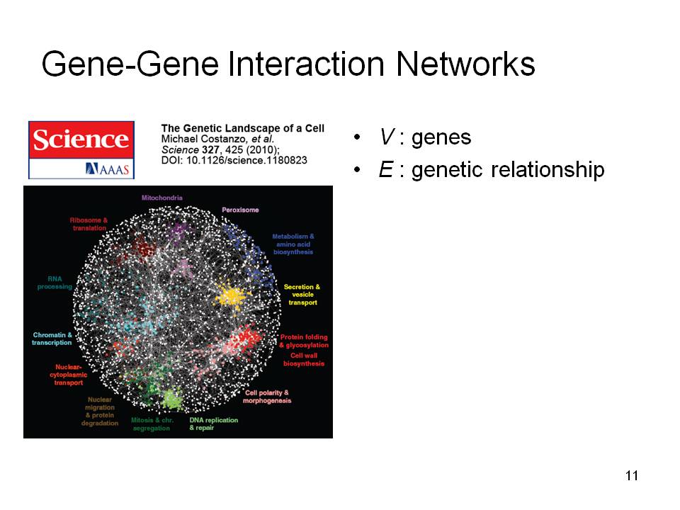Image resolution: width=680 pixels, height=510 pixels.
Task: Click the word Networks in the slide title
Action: pos(465,64)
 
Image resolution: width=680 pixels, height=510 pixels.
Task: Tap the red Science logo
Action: pos(81,140)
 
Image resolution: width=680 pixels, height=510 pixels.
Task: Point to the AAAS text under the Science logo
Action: pos(108,169)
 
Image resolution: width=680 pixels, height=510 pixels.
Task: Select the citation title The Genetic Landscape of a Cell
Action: pos(243,128)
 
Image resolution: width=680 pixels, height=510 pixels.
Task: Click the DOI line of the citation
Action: pos(234,161)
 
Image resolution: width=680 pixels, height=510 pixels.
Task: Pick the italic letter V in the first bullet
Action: pos(387,137)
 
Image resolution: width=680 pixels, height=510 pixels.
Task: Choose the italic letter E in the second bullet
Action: pos(386,169)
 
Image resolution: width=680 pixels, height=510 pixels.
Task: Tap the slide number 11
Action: pos(632,476)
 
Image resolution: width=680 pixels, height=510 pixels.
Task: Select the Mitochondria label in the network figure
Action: pos(162,198)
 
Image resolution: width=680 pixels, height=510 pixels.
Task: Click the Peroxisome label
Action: pos(240,210)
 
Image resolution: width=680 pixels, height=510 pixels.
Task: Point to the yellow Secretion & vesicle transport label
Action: pos(302,295)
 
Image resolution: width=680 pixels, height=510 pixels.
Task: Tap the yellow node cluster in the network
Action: pos(232,296)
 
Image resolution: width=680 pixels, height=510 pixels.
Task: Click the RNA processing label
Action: pos(55,283)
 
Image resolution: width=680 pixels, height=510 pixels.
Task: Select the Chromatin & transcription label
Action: pos(52,339)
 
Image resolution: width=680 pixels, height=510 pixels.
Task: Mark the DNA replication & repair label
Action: pos(214,424)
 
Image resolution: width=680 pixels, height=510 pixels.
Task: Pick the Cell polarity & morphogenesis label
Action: pos(267,397)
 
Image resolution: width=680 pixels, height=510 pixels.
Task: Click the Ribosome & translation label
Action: pos(89,225)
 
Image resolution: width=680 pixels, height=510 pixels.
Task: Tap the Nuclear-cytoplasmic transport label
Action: pos(69,375)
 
